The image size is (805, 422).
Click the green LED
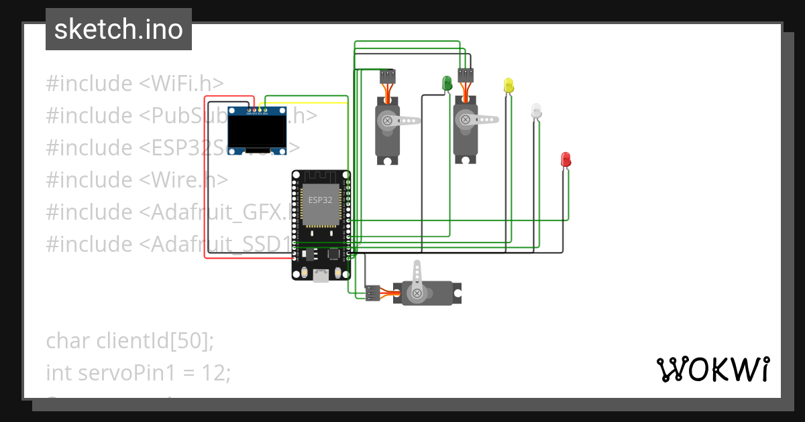coord(447,83)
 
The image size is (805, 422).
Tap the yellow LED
coord(508,85)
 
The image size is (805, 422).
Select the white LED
coord(535,111)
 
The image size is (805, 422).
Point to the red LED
coord(566,159)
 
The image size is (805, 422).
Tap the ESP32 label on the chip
coord(320,200)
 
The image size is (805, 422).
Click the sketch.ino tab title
coord(119,29)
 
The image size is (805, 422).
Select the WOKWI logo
coord(712,370)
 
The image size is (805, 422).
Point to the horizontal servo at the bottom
coord(429,293)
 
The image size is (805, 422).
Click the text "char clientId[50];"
coord(130,340)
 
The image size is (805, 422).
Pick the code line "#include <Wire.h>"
coord(137,180)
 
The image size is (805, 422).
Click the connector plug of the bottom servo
coord(372,293)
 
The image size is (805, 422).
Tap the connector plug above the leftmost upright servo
coord(387,76)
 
